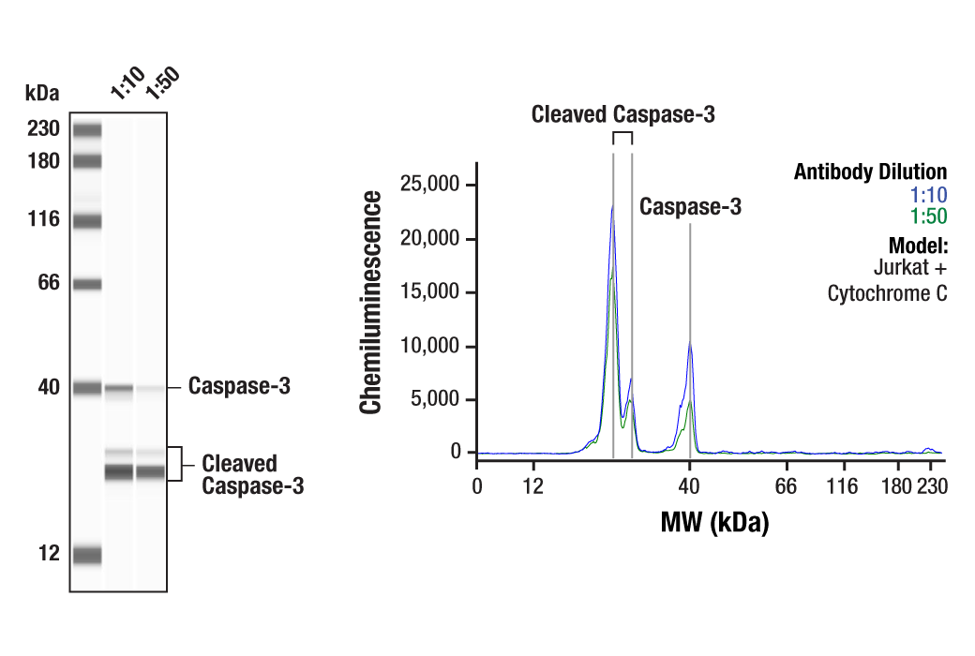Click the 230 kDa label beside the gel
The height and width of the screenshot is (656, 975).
point(42,129)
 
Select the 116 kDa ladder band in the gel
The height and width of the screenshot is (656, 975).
point(87,222)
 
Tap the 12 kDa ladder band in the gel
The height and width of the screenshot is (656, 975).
point(87,555)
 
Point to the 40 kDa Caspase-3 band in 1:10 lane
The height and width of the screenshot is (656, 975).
point(118,387)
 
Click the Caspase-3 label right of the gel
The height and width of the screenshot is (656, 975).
point(239,386)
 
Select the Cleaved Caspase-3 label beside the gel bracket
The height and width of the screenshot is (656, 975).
point(251,474)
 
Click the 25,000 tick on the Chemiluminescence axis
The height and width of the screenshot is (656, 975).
point(431,186)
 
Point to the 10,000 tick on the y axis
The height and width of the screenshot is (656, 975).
point(431,347)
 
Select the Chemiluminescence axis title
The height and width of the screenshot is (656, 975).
point(372,302)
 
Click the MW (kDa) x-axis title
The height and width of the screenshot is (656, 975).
point(714,522)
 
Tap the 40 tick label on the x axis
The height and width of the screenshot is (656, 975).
point(690,486)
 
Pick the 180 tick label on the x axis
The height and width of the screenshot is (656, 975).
point(896,486)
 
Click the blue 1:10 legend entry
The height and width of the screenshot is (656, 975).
point(928,195)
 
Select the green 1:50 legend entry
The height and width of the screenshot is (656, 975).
point(928,216)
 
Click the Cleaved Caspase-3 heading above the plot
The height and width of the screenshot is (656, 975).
point(622,114)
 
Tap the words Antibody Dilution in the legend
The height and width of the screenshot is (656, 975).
point(870,172)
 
